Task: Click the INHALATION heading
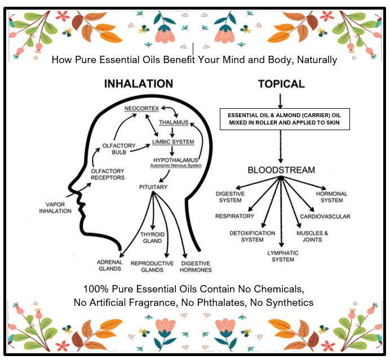pos(138,84)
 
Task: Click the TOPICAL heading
pos(281,84)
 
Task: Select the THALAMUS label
pos(173,122)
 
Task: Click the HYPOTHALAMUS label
pos(176,161)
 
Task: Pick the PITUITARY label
pos(153,186)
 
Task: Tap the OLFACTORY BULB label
pos(119,149)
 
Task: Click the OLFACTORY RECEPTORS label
pos(107,175)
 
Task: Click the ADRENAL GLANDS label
pos(109,265)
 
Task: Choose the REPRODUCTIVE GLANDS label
pos(150,266)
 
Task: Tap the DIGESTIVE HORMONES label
pos(195,266)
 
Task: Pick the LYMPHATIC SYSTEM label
pos(280,256)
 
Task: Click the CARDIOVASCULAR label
pos(325,216)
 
